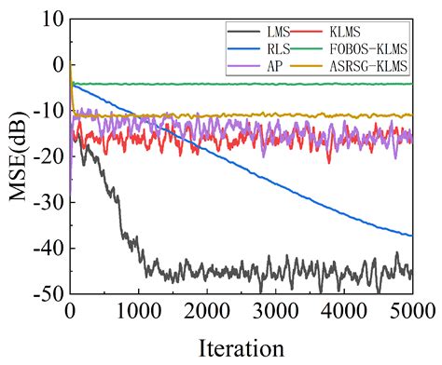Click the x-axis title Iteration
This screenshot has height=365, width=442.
(241, 348)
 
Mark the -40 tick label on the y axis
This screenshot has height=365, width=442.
(44, 249)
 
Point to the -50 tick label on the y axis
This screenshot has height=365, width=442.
(44, 294)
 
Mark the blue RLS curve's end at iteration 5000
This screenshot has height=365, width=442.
(412, 236)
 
